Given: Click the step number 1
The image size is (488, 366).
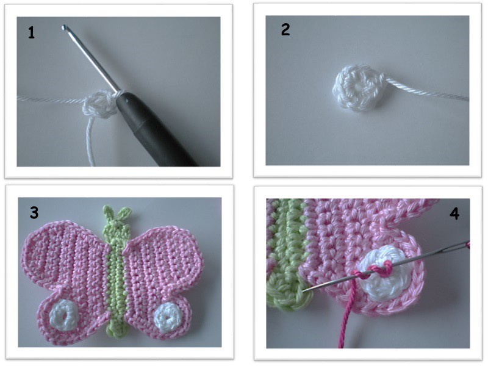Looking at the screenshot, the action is coord(31,33).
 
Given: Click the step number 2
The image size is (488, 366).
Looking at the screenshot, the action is coord(285,29).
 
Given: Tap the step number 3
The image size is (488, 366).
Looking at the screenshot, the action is coord(34,212).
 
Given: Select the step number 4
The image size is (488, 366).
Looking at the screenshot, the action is coord(454,214).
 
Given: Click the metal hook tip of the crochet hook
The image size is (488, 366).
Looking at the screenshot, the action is coord(64,27).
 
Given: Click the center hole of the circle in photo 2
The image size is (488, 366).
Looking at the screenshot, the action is coord(356,87).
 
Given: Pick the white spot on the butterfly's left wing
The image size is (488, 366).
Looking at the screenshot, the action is coord(65,314).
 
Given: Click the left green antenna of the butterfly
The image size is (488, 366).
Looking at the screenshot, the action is coord(109,212).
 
